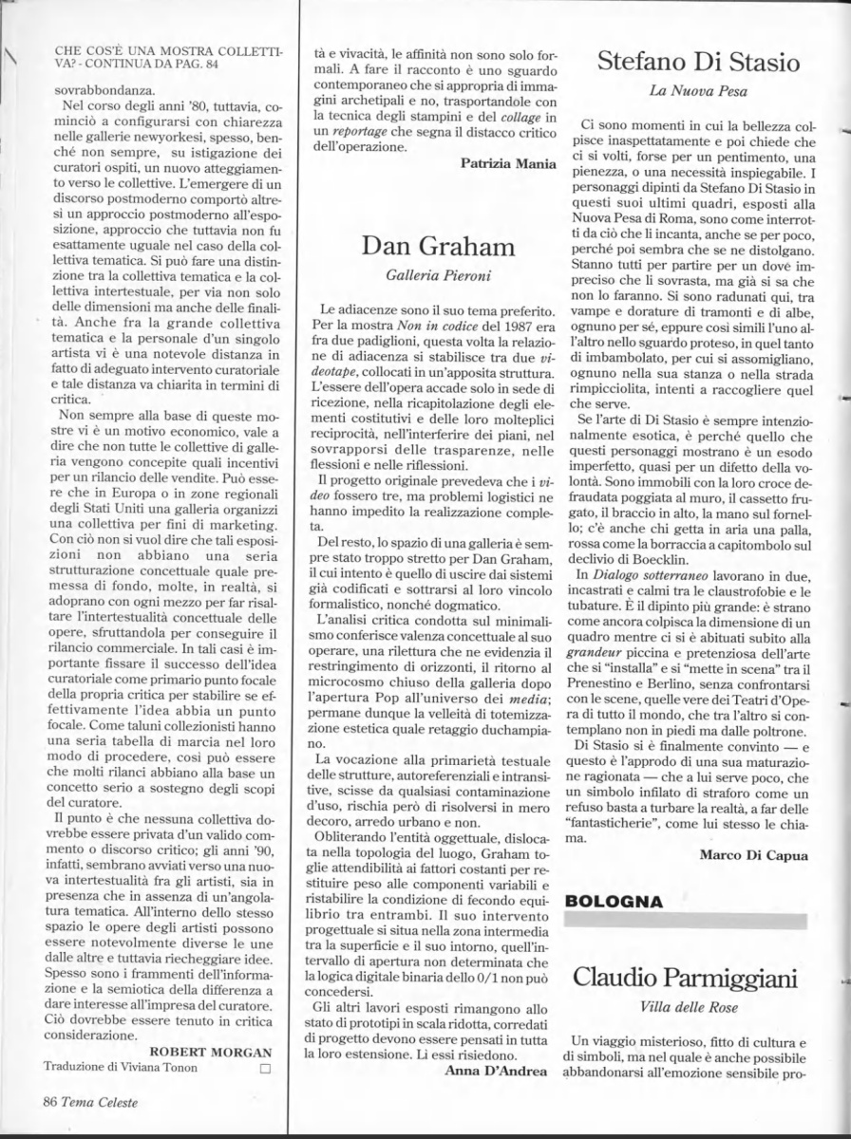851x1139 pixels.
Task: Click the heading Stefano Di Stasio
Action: click(x=698, y=64)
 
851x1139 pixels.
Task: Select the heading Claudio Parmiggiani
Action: click(x=699, y=977)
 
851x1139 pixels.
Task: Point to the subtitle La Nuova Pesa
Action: click(x=698, y=92)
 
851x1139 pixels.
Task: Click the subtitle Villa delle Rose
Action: click(x=698, y=1008)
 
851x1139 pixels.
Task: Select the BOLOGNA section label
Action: click(x=614, y=899)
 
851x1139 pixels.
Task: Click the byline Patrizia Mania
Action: click(x=508, y=164)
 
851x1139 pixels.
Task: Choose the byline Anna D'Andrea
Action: click(x=496, y=1072)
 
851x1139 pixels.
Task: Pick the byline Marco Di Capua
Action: click(x=754, y=854)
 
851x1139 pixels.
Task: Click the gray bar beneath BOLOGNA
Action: click(x=698, y=920)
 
